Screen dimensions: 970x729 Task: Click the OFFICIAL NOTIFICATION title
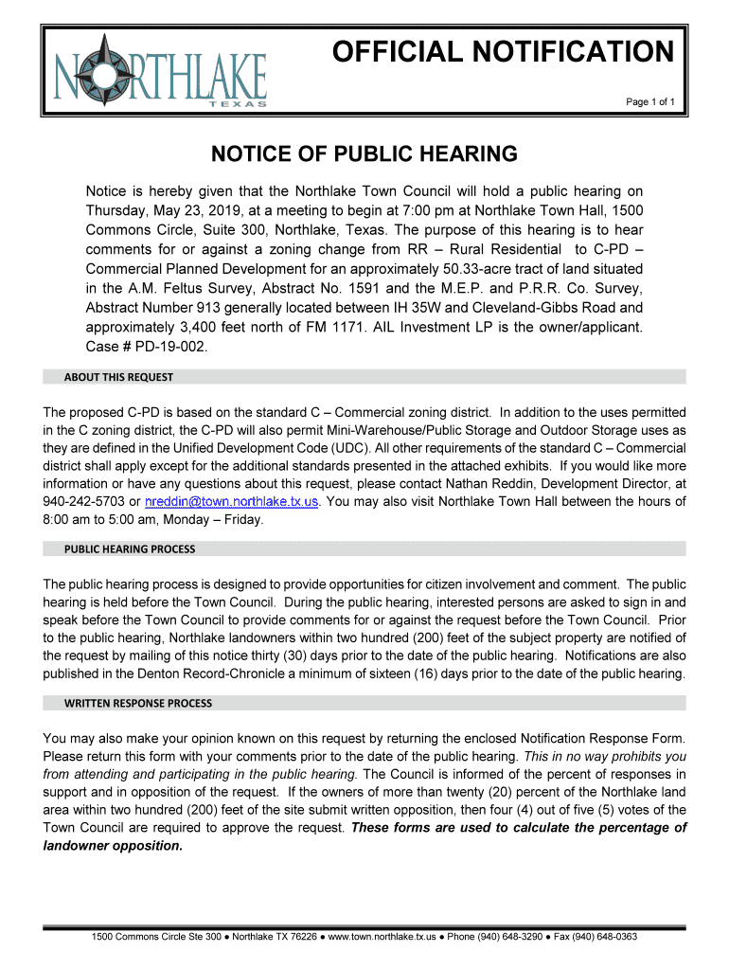[x=502, y=51]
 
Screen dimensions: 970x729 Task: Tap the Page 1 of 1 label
[x=649, y=101]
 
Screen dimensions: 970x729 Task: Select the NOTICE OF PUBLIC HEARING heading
[x=364, y=154]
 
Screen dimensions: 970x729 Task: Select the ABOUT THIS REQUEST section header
[x=118, y=377]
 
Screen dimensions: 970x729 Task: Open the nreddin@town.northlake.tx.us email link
[x=232, y=501]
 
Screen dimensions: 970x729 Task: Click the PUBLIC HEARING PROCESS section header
[x=130, y=548]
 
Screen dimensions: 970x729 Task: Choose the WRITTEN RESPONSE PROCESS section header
[x=138, y=703]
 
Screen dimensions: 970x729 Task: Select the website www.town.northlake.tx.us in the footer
[x=382, y=937]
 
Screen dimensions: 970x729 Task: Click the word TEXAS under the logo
[x=237, y=104]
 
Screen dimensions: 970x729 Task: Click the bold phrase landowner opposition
[x=113, y=845]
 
